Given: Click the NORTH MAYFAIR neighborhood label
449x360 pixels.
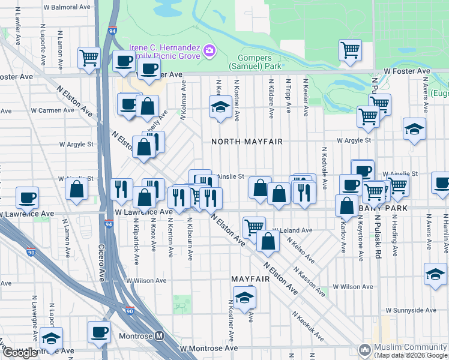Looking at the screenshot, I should tap(246, 142).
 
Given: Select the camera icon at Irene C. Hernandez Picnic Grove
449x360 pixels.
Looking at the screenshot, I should tap(209, 49).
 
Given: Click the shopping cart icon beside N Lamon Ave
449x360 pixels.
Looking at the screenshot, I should tap(89, 58).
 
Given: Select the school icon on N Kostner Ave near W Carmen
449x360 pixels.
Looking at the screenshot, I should tap(220, 107).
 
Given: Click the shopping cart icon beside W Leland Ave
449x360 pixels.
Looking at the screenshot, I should tap(254, 226).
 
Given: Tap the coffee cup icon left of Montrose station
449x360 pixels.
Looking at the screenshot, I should tap(99, 331).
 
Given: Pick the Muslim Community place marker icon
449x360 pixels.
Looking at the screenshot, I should tap(364, 349).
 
